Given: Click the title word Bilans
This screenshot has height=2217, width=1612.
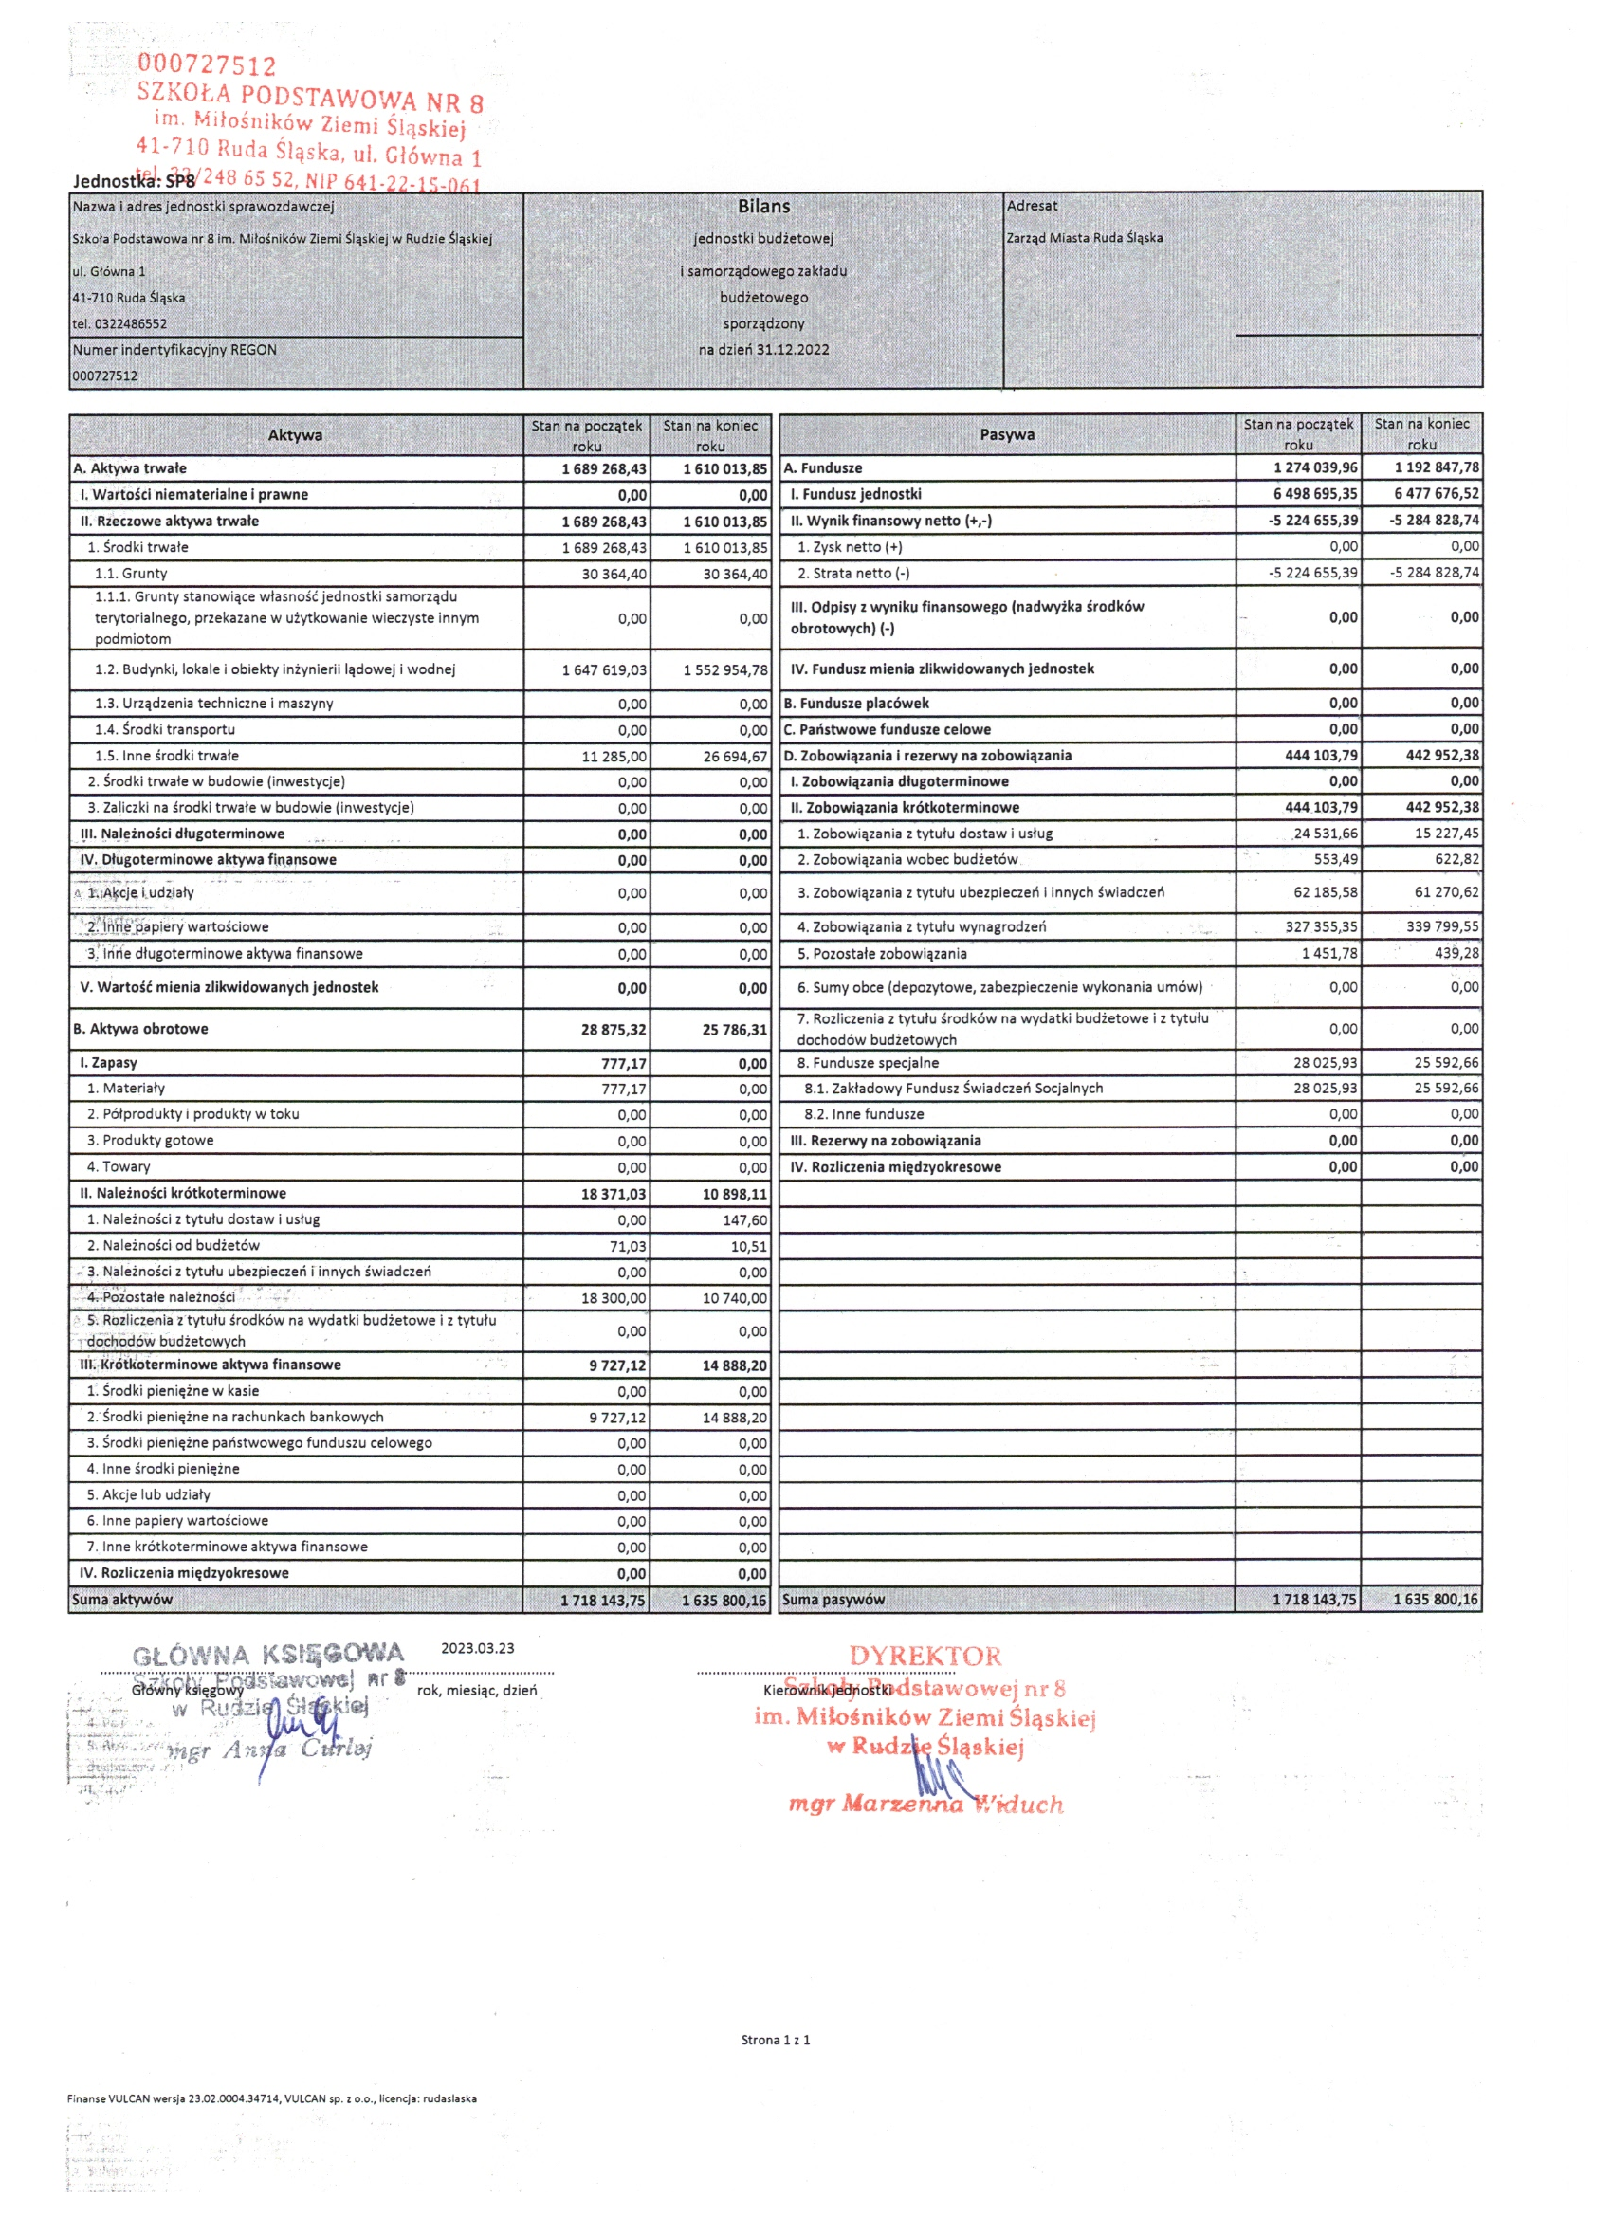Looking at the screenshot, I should (x=763, y=207).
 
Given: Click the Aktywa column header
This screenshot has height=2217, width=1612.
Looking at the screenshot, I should (x=295, y=435).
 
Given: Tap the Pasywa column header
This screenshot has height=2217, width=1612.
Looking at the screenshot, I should (x=1007, y=434).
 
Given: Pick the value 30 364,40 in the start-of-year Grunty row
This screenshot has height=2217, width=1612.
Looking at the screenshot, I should (x=614, y=574).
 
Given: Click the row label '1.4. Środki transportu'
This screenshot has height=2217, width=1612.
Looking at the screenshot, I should (x=164, y=729).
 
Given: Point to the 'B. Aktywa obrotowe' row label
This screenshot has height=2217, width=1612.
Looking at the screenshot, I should (x=140, y=1028).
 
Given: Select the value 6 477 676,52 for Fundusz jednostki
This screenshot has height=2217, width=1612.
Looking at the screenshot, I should (x=1436, y=494).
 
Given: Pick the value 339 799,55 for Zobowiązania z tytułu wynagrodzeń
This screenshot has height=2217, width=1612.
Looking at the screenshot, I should (x=1442, y=926).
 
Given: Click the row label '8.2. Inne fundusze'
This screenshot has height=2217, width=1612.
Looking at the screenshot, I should (x=863, y=1114).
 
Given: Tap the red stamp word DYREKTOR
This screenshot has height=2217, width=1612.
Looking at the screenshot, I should (x=925, y=1656).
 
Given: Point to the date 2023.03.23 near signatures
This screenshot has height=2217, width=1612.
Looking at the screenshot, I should (x=477, y=1648).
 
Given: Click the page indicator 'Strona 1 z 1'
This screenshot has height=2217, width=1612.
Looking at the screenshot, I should (x=776, y=2040).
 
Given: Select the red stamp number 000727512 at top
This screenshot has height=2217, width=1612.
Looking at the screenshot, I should (x=207, y=64).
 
